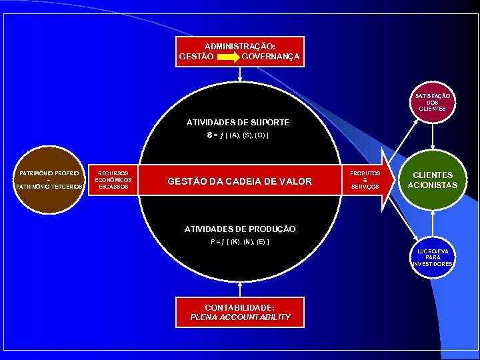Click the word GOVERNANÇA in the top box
tap(271, 57)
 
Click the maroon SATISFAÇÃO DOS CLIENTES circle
tap(432, 102)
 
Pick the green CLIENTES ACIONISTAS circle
tap(433, 180)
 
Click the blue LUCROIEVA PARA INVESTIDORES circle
tap(433, 257)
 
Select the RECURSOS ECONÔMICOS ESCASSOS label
tap(113, 179)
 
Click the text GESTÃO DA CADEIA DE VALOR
tap(239, 181)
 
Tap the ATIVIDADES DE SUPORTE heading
tap(237, 123)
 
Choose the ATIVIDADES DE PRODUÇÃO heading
tap(240, 229)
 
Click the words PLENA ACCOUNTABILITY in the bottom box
tap(240, 317)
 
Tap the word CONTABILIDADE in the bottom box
tap(240, 307)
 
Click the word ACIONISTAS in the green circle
tap(433, 185)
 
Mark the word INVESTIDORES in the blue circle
tap(433, 264)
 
